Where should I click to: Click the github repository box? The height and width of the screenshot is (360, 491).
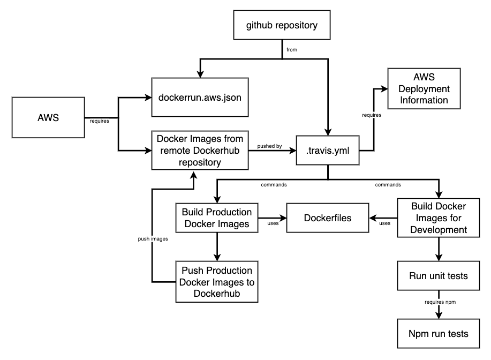tap(282, 26)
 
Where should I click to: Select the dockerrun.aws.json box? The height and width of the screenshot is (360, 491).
tap(200, 98)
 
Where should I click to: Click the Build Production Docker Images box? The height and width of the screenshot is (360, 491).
tap(217, 218)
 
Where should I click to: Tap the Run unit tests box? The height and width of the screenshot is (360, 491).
tap(439, 276)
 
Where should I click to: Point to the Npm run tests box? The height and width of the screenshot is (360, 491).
tap(439, 334)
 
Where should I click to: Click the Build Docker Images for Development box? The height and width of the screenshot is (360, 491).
tap(439, 218)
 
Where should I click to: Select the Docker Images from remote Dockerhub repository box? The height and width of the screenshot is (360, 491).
tap(200, 151)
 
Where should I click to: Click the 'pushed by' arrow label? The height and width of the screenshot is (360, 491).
tap(270, 146)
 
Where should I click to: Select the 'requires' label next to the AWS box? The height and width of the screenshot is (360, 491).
tap(100, 121)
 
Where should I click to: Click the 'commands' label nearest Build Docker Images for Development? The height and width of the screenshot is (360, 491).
tap(388, 185)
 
